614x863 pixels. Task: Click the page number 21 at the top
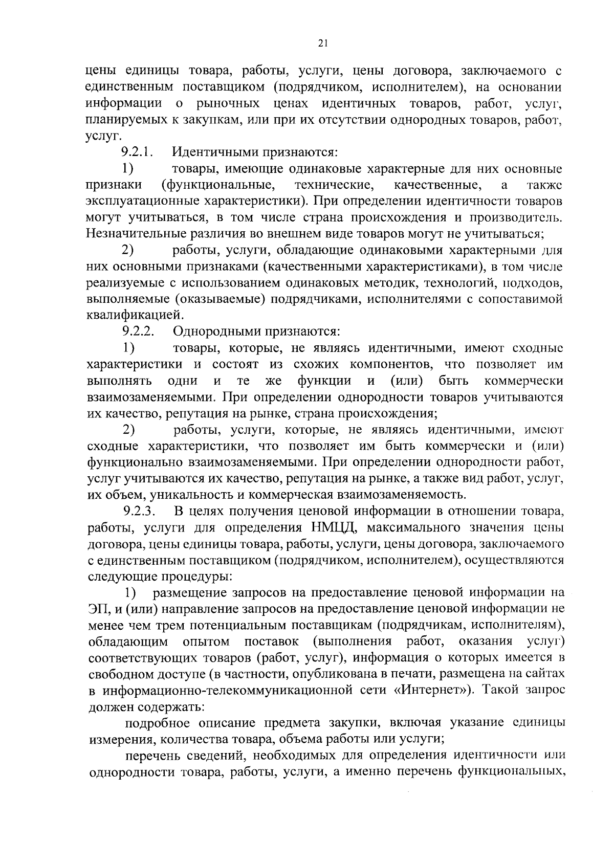coord(322,45)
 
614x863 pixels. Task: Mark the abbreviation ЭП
coord(97,609)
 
